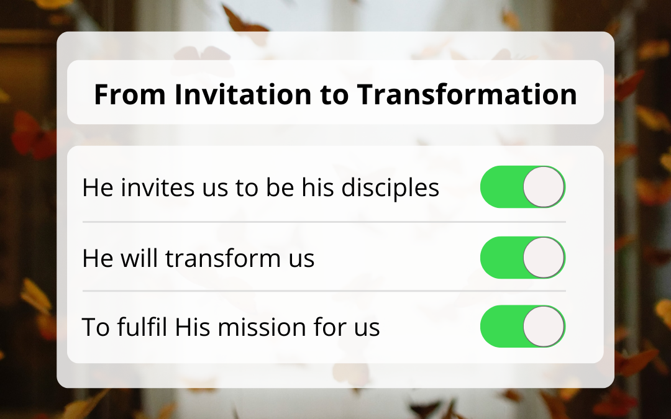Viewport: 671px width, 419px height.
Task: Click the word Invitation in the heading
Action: tap(243, 94)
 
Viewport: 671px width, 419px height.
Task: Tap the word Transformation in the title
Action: tap(467, 94)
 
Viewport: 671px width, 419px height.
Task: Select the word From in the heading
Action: tap(130, 94)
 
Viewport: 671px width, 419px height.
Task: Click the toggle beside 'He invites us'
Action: tap(523, 187)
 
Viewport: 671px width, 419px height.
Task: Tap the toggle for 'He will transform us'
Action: tap(523, 258)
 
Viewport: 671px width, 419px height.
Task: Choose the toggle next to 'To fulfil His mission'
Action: tap(523, 327)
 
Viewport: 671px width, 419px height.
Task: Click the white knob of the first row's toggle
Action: tap(544, 187)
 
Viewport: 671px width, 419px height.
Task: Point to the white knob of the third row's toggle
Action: tap(544, 327)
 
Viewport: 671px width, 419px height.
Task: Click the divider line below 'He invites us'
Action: tap(324, 222)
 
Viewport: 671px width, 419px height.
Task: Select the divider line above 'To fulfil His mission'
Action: tap(324, 291)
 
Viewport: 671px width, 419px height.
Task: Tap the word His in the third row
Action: tap(193, 327)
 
